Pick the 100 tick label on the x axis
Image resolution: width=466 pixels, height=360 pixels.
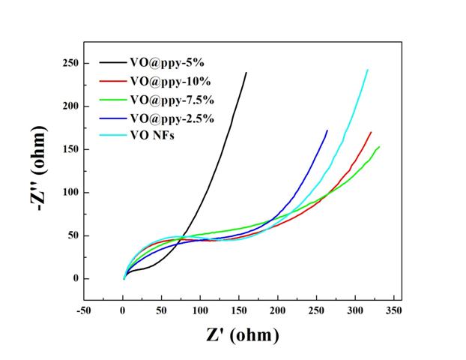point(201,310)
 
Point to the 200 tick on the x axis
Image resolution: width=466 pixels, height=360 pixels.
point(278,310)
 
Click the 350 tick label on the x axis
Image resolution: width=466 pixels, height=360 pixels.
point(394,310)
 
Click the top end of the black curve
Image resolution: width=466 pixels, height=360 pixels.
point(246,73)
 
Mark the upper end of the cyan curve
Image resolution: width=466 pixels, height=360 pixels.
point(368,70)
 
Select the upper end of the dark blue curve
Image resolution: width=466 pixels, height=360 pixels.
point(327,130)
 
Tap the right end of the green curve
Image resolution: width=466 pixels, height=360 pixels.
point(379,147)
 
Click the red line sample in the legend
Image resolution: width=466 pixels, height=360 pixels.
point(112,81)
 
